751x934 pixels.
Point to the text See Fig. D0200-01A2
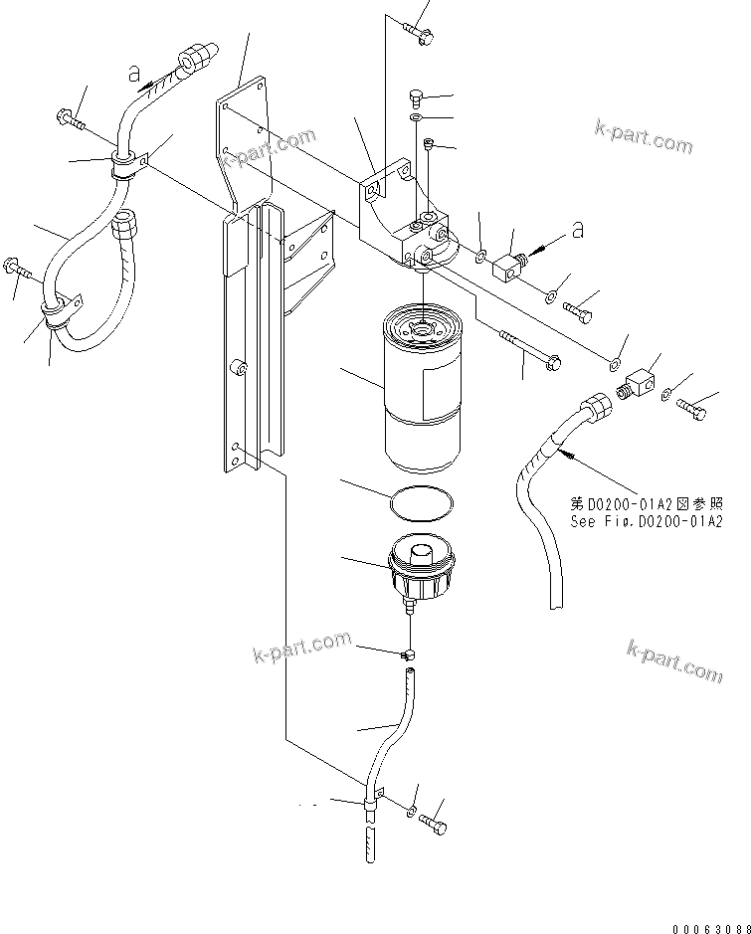point(646,521)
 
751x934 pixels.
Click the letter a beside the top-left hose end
point(132,71)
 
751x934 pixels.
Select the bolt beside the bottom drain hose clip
point(433,824)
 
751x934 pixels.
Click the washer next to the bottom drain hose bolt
point(412,812)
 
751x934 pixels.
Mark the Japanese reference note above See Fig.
point(646,503)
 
